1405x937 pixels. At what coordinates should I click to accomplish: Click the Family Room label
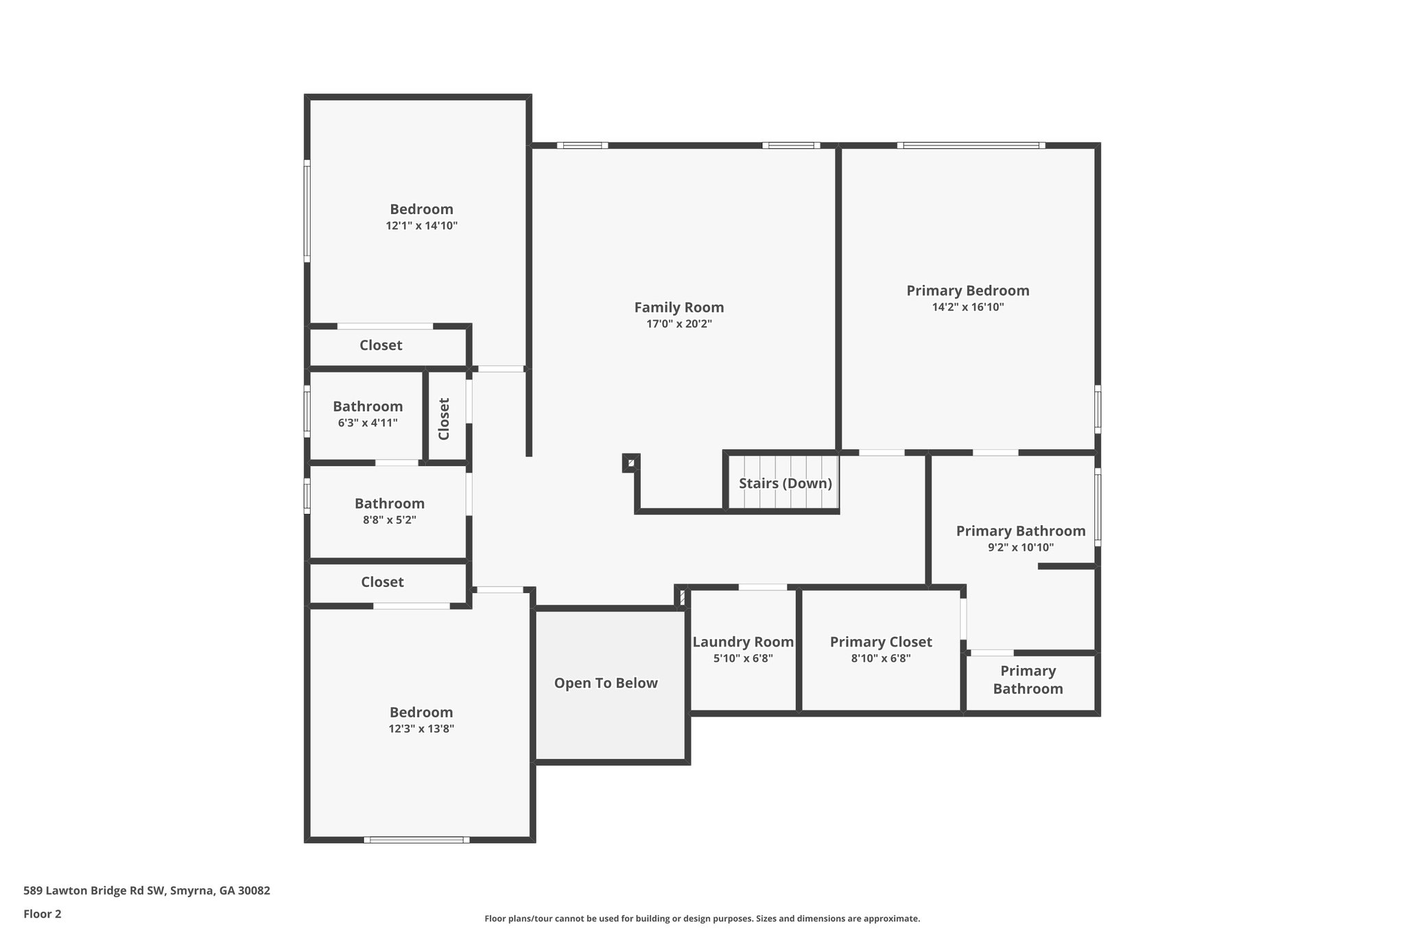click(678, 308)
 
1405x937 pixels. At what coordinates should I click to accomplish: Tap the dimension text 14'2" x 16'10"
click(967, 307)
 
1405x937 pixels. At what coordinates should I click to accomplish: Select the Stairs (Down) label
click(785, 483)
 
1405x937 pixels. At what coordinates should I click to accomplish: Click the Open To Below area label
click(606, 683)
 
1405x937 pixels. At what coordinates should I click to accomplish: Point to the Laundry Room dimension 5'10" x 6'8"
click(743, 658)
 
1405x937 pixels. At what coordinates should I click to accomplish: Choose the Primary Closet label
click(881, 642)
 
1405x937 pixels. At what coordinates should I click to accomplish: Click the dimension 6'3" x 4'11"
click(368, 423)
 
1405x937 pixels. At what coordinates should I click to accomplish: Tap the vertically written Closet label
click(444, 419)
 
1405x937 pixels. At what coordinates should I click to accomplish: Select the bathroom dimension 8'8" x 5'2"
click(389, 520)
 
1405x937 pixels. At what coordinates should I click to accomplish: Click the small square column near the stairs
click(630, 463)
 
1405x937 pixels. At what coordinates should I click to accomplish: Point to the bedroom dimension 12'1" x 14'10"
click(421, 226)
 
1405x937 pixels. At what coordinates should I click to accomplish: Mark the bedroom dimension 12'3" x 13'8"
click(421, 729)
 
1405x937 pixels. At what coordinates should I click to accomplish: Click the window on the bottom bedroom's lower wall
click(416, 840)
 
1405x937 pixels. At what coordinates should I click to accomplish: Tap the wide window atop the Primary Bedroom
click(971, 146)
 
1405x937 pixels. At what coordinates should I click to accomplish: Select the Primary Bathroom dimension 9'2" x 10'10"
click(1020, 548)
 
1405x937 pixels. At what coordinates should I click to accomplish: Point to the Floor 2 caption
click(43, 914)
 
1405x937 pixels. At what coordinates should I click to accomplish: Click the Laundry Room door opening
click(762, 587)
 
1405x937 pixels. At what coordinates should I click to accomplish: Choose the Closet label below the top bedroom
click(381, 345)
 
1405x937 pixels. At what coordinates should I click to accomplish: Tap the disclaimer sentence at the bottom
click(702, 918)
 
